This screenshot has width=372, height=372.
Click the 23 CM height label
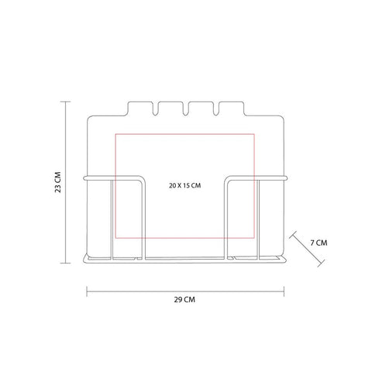point(58,182)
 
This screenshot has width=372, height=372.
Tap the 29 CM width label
point(184,300)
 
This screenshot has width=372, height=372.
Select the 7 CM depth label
point(319,243)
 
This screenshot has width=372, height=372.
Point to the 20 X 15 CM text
point(185,185)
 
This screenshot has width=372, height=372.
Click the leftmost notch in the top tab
point(155,109)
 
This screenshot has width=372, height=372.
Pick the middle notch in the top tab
point(185,109)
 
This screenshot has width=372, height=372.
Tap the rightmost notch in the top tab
point(216,109)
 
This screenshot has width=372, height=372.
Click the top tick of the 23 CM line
point(65,102)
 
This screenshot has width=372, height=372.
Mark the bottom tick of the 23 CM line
point(65,263)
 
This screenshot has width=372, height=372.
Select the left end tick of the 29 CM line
point(87,291)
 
